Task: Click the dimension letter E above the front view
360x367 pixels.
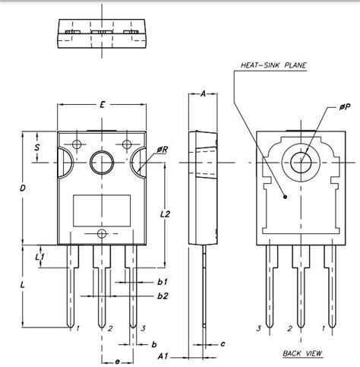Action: pos(101,102)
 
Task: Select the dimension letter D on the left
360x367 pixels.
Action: pos(24,187)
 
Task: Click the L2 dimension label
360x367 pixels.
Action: pos(166,215)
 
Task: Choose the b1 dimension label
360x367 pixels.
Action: pos(162,281)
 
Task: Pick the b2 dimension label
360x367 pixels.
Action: pos(162,295)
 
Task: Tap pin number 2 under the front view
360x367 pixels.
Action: pos(110,328)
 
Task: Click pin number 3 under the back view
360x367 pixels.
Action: pos(259,328)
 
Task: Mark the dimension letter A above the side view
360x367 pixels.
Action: pos(204,94)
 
